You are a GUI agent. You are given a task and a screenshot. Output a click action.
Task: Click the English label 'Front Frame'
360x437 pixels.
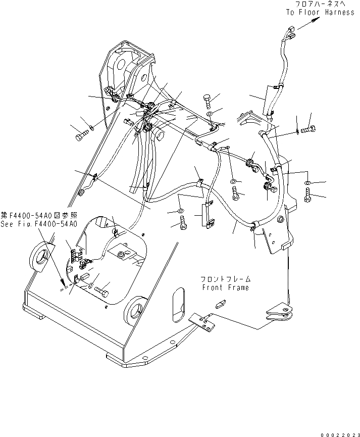pos(225,287)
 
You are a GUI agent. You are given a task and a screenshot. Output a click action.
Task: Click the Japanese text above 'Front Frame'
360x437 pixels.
pos(225,279)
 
